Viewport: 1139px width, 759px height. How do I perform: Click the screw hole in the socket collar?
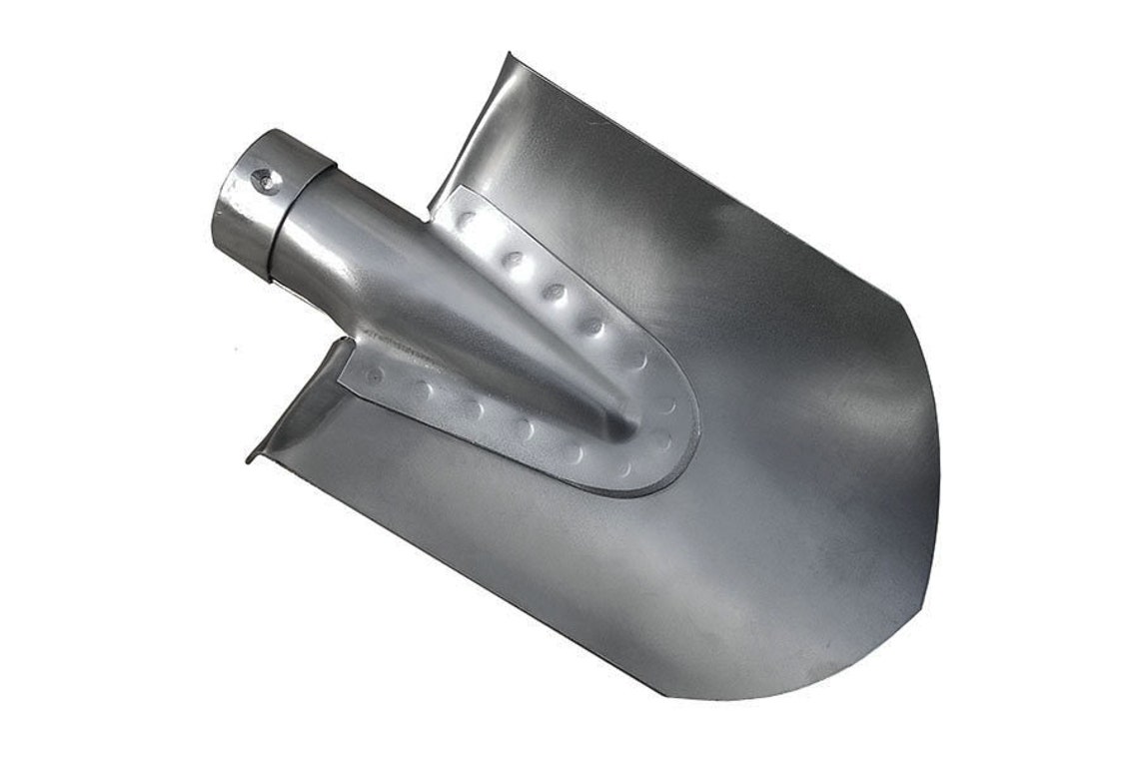pyautogui.click(x=264, y=180)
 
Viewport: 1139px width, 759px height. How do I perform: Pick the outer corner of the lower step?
pyautogui.click(x=249, y=458)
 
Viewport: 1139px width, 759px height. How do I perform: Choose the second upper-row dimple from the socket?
pyautogui.click(x=513, y=260)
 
